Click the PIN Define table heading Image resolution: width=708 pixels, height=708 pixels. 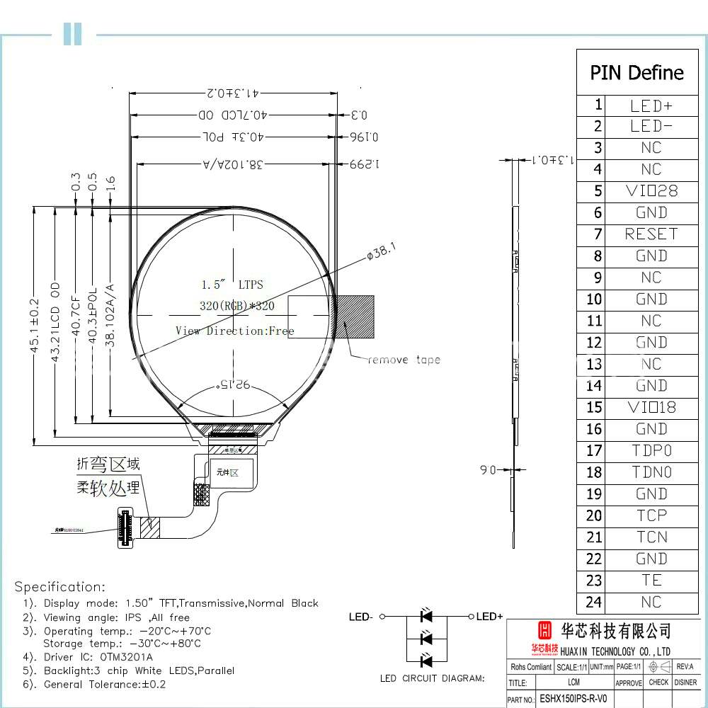point(636,73)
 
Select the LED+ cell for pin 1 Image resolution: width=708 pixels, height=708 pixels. point(651,105)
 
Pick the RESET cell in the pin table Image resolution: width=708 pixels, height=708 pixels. point(651,234)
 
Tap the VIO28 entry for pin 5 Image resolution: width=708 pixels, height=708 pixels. point(651,191)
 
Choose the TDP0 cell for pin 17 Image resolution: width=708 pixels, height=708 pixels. point(651,451)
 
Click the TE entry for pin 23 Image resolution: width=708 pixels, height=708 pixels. point(651,581)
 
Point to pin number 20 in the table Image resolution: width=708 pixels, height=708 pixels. point(593,516)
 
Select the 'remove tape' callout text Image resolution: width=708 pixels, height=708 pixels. point(404,360)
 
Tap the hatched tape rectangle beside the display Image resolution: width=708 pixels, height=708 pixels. point(355,316)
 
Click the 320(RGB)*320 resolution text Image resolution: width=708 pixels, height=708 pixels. point(237,306)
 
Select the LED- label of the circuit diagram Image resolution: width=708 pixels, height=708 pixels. point(360,617)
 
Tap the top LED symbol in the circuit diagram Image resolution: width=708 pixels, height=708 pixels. point(426,616)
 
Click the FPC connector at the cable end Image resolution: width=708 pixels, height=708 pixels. point(125,528)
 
